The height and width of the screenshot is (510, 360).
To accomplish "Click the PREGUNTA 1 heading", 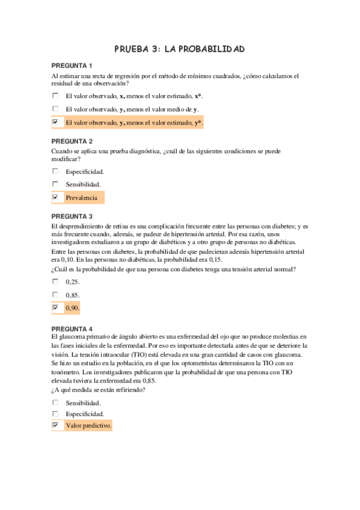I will [x=72, y=66].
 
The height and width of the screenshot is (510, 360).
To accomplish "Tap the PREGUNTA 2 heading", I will [x=72, y=141].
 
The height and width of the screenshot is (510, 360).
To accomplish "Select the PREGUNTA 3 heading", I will [x=72, y=216].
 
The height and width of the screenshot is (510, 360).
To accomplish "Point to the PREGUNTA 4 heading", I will [x=72, y=329].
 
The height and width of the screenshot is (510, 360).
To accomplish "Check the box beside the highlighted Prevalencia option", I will [x=55, y=197].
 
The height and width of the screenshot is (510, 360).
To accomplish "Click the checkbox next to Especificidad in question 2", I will [x=55, y=171].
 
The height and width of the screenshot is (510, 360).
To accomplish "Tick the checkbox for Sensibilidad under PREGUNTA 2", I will [x=55, y=184].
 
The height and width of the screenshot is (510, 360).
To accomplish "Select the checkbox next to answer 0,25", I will [x=55, y=281].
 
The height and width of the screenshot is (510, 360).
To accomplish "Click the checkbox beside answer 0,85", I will [x=55, y=295].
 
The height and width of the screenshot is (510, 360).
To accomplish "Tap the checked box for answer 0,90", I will [x=55, y=308].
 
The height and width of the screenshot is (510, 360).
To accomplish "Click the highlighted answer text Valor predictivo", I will [x=88, y=425].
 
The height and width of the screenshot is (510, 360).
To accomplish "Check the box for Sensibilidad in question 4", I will [x=55, y=402].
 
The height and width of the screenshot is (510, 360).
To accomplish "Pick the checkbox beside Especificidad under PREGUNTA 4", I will [x=55, y=414].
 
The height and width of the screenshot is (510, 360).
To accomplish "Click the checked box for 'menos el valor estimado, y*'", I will [x=55, y=122].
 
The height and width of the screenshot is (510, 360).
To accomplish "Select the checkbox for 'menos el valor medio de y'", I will [x=55, y=109].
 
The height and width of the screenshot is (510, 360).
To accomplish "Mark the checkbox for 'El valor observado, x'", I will [x=55, y=96].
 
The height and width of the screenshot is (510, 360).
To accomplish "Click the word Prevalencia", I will [x=81, y=197].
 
